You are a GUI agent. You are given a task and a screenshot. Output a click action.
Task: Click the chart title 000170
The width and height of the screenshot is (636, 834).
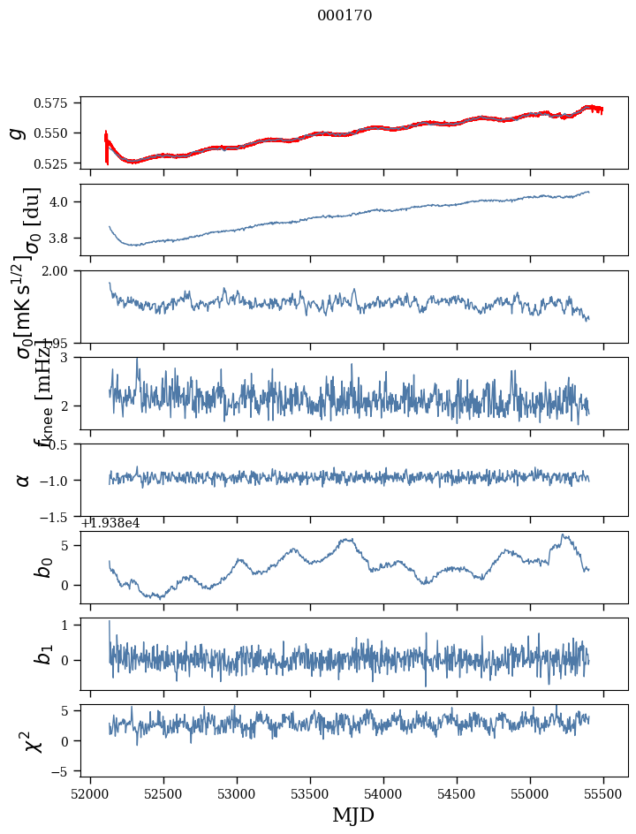tap(344, 16)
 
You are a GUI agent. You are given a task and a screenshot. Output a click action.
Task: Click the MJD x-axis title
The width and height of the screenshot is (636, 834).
tap(353, 815)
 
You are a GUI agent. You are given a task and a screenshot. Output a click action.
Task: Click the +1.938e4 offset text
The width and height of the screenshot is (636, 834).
tap(110, 523)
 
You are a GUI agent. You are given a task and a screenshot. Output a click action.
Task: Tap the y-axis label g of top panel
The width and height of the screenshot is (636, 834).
tap(16, 133)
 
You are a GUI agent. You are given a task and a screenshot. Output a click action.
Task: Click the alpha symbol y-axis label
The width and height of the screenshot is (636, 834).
tap(23, 480)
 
